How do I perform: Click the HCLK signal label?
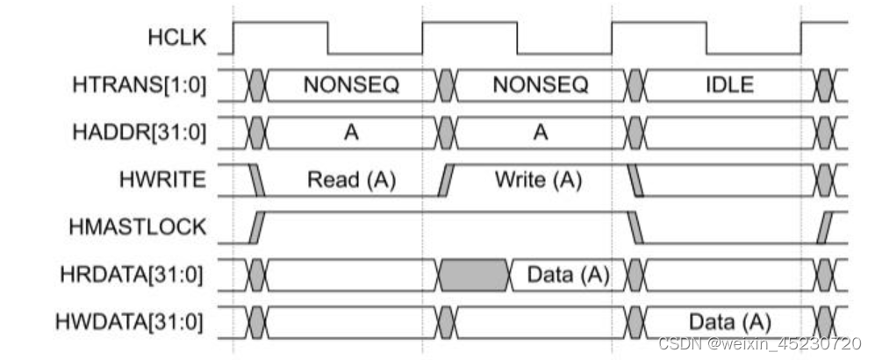(x=177, y=38)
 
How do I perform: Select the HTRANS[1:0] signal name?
(x=139, y=85)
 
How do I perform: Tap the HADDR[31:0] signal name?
(x=139, y=133)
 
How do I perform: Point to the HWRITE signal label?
(x=162, y=180)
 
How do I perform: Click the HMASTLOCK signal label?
(x=138, y=227)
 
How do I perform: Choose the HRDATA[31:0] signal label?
(x=132, y=275)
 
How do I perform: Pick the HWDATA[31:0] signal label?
(x=129, y=322)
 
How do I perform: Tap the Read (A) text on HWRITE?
(x=352, y=180)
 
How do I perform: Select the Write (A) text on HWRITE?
(x=538, y=180)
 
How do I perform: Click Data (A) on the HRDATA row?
(x=568, y=275)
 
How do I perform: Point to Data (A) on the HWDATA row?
(x=730, y=322)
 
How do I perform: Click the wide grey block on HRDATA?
(x=475, y=275)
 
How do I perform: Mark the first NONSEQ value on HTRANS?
(x=352, y=85)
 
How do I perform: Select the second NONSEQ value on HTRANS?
(x=540, y=85)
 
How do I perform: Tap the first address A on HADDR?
(x=351, y=133)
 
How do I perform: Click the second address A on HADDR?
(x=540, y=133)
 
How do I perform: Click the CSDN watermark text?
(x=760, y=343)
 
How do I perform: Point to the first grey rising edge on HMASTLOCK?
(x=257, y=227)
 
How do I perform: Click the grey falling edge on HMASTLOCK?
(x=635, y=227)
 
